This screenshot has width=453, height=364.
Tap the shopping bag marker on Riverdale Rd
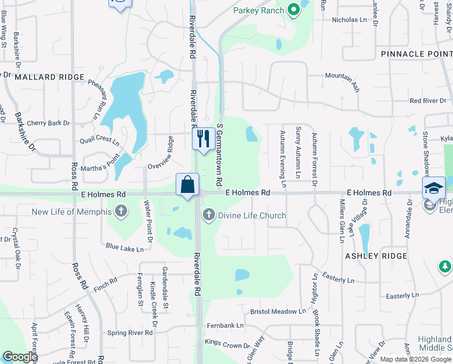188,184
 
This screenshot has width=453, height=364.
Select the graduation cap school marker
434,187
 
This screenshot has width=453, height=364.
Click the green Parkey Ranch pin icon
294,10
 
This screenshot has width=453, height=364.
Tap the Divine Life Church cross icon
209,214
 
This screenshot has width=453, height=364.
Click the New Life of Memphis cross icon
121,212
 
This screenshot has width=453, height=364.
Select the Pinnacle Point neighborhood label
417,54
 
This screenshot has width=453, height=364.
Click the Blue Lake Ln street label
124,248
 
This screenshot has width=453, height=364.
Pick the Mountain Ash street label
343,81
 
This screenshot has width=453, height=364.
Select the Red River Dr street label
431,101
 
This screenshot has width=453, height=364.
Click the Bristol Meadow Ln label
279,312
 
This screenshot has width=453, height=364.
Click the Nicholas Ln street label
349,19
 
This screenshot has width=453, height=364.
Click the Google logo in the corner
19,357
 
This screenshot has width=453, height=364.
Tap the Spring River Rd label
130,333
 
